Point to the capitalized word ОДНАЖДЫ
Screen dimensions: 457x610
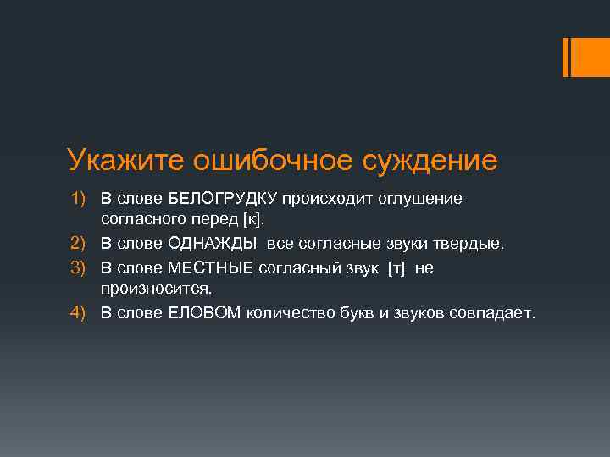tap(212, 244)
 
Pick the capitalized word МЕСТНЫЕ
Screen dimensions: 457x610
tap(211, 267)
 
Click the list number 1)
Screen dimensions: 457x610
tap(79, 198)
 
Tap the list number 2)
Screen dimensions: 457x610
tap(79, 244)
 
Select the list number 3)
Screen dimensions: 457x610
tap(79, 267)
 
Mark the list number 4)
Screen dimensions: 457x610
tap(79, 313)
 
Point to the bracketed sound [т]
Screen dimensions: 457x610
tap(395, 267)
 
